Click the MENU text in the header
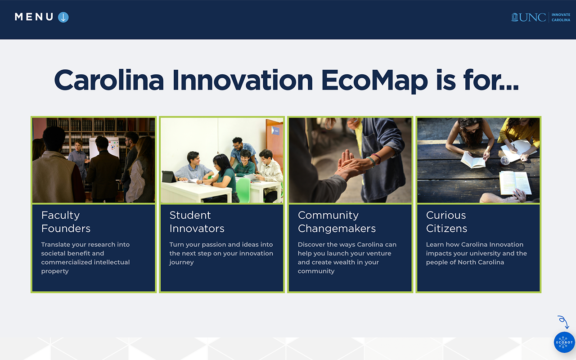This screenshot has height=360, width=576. [34, 17]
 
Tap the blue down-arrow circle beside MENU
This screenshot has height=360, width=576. [63, 17]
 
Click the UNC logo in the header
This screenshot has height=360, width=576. [528, 18]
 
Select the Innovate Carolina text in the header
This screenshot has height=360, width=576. [561, 18]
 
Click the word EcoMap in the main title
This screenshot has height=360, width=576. [374, 81]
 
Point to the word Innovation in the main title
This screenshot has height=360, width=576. [243, 80]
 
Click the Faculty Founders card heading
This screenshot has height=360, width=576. [66, 222]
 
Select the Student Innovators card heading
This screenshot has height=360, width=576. [197, 222]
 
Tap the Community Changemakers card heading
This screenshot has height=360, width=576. [337, 222]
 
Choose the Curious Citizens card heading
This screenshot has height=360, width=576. [446, 222]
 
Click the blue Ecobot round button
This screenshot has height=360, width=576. [564, 342]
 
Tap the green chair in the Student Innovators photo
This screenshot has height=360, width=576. [243, 190]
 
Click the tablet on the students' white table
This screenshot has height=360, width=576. [169, 177]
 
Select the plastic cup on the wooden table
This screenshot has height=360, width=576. [505, 161]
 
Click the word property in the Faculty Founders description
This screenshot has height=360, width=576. [55, 271]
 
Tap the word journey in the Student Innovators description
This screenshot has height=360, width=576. [181, 262]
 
